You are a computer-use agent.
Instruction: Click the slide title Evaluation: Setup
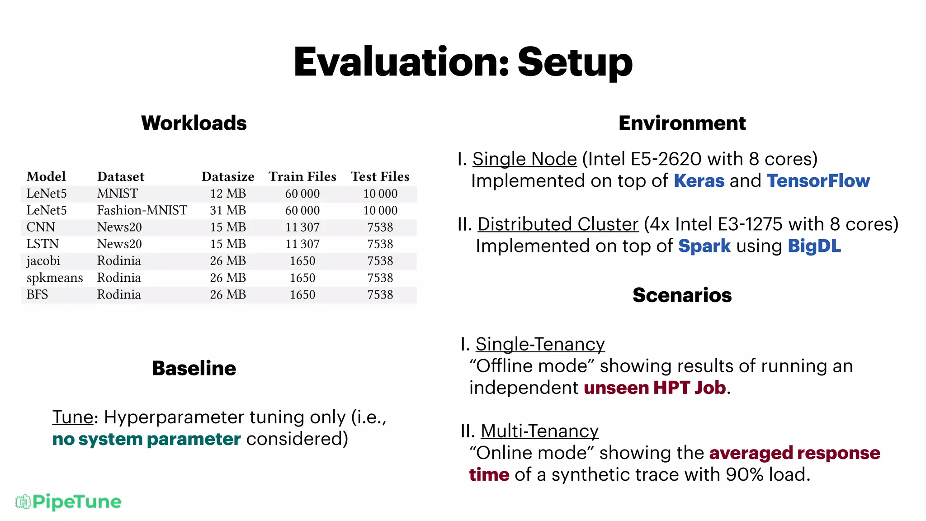[x=463, y=62]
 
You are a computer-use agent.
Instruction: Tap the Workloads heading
[x=194, y=123]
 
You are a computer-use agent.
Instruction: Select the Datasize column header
[x=228, y=176]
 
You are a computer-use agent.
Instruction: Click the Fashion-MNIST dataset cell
[x=142, y=210]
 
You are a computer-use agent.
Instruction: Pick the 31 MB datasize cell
[x=228, y=210]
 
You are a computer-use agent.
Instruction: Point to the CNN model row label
[x=41, y=227]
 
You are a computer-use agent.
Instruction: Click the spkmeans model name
[x=55, y=278]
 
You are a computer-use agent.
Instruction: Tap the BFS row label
[x=37, y=294]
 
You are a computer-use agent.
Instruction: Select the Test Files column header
[x=380, y=176]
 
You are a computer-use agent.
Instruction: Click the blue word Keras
[x=699, y=181]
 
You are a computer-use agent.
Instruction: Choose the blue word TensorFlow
[x=818, y=181]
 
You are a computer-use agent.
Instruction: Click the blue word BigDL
[x=814, y=246]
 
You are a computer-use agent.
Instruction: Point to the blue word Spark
[x=704, y=246]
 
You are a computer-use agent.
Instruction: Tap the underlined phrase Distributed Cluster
[x=558, y=224]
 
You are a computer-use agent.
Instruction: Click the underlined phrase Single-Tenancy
[x=540, y=344]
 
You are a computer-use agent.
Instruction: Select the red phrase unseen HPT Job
[x=655, y=388]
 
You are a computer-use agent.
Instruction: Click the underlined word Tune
[x=73, y=417]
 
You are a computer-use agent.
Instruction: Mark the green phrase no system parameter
[x=146, y=439]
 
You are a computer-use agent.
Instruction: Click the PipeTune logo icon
[x=23, y=502]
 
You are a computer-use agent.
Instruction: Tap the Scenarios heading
[x=682, y=295]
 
